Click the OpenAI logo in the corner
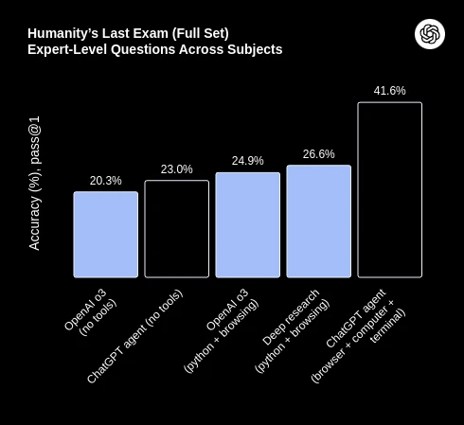pyautogui.click(x=430, y=34)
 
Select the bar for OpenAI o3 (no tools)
pyautogui.click(x=106, y=235)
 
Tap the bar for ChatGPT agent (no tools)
pyautogui.click(x=177, y=229)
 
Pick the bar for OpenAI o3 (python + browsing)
pyautogui.click(x=248, y=225)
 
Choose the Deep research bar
pyautogui.click(x=319, y=221)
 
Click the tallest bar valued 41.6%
pyautogui.click(x=390, y=189)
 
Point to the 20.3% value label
pyautogui.click(x=106, y=181)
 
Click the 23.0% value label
pyautogui.click(x=177, y=169)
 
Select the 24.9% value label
pyautogui.click(x=248, y=161)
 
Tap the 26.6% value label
pyautogui.click(x=319, y=154)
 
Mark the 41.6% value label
pyautogui.click(x=390, y=91)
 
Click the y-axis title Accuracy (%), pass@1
pyautogui.click(x=35, y=183)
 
